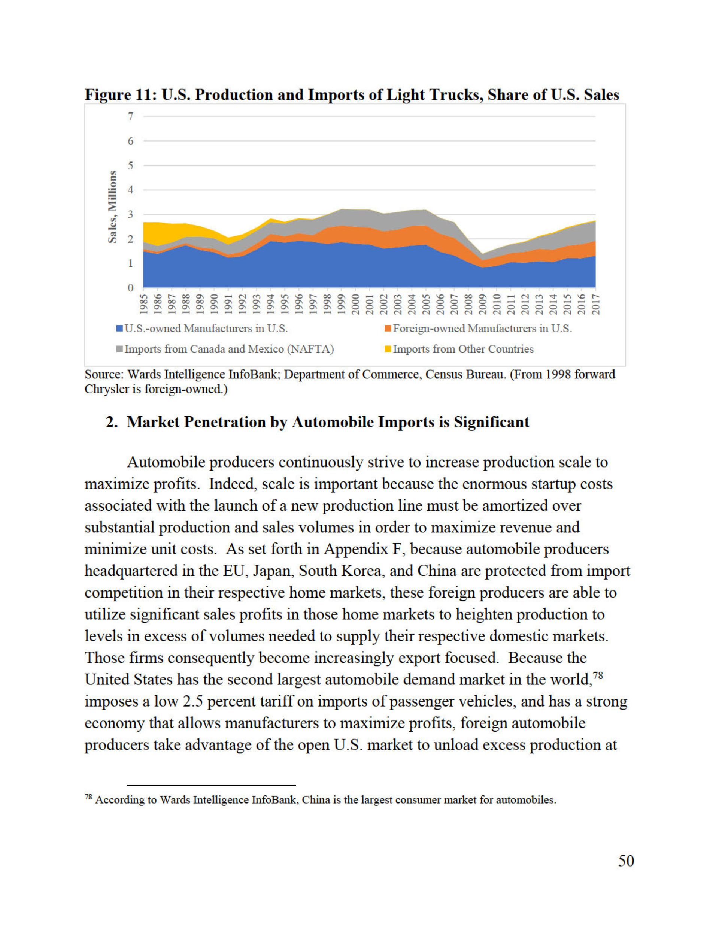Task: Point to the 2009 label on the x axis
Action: coord(482,304)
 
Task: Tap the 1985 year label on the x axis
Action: coord(144,304)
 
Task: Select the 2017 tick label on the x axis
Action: coord(595,304)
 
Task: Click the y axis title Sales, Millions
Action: coord(112,207)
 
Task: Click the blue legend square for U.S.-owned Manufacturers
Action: coord(120,329)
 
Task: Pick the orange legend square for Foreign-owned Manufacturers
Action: coord(388,329)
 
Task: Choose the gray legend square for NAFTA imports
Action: coord(120,349)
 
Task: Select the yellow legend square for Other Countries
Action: coord(388,349)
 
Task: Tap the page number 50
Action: coord(626,861)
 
